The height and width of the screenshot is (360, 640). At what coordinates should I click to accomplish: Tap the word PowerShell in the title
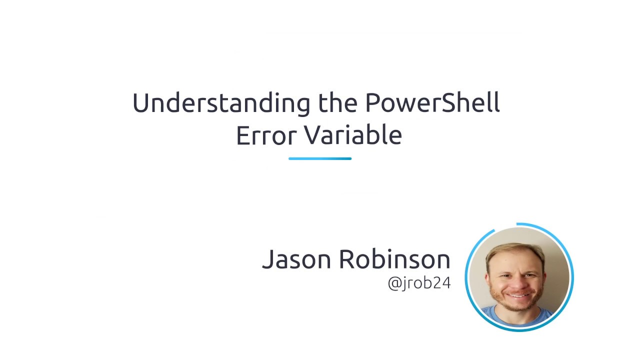(x=432, y=103)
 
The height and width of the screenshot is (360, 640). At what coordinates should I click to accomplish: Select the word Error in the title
(x=265, y=135)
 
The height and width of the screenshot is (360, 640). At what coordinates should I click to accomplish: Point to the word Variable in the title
(x=353, y=135)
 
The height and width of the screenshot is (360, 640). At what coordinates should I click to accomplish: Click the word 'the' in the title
(x=338, y=103)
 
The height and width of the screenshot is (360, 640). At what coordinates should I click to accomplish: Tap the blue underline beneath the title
(x=320, y=158)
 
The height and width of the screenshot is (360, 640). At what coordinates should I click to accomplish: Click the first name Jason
(x=297, y=259)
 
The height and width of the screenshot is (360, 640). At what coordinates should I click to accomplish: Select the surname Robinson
(x=394, y=259)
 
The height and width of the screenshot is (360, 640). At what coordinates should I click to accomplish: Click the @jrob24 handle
(x=419, y=283)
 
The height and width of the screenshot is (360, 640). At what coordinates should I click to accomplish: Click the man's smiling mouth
(x=518, y=295)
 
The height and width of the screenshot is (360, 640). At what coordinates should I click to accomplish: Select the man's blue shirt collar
(x=520, y=315)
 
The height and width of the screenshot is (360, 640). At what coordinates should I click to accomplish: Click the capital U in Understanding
(x=141, y=103)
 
